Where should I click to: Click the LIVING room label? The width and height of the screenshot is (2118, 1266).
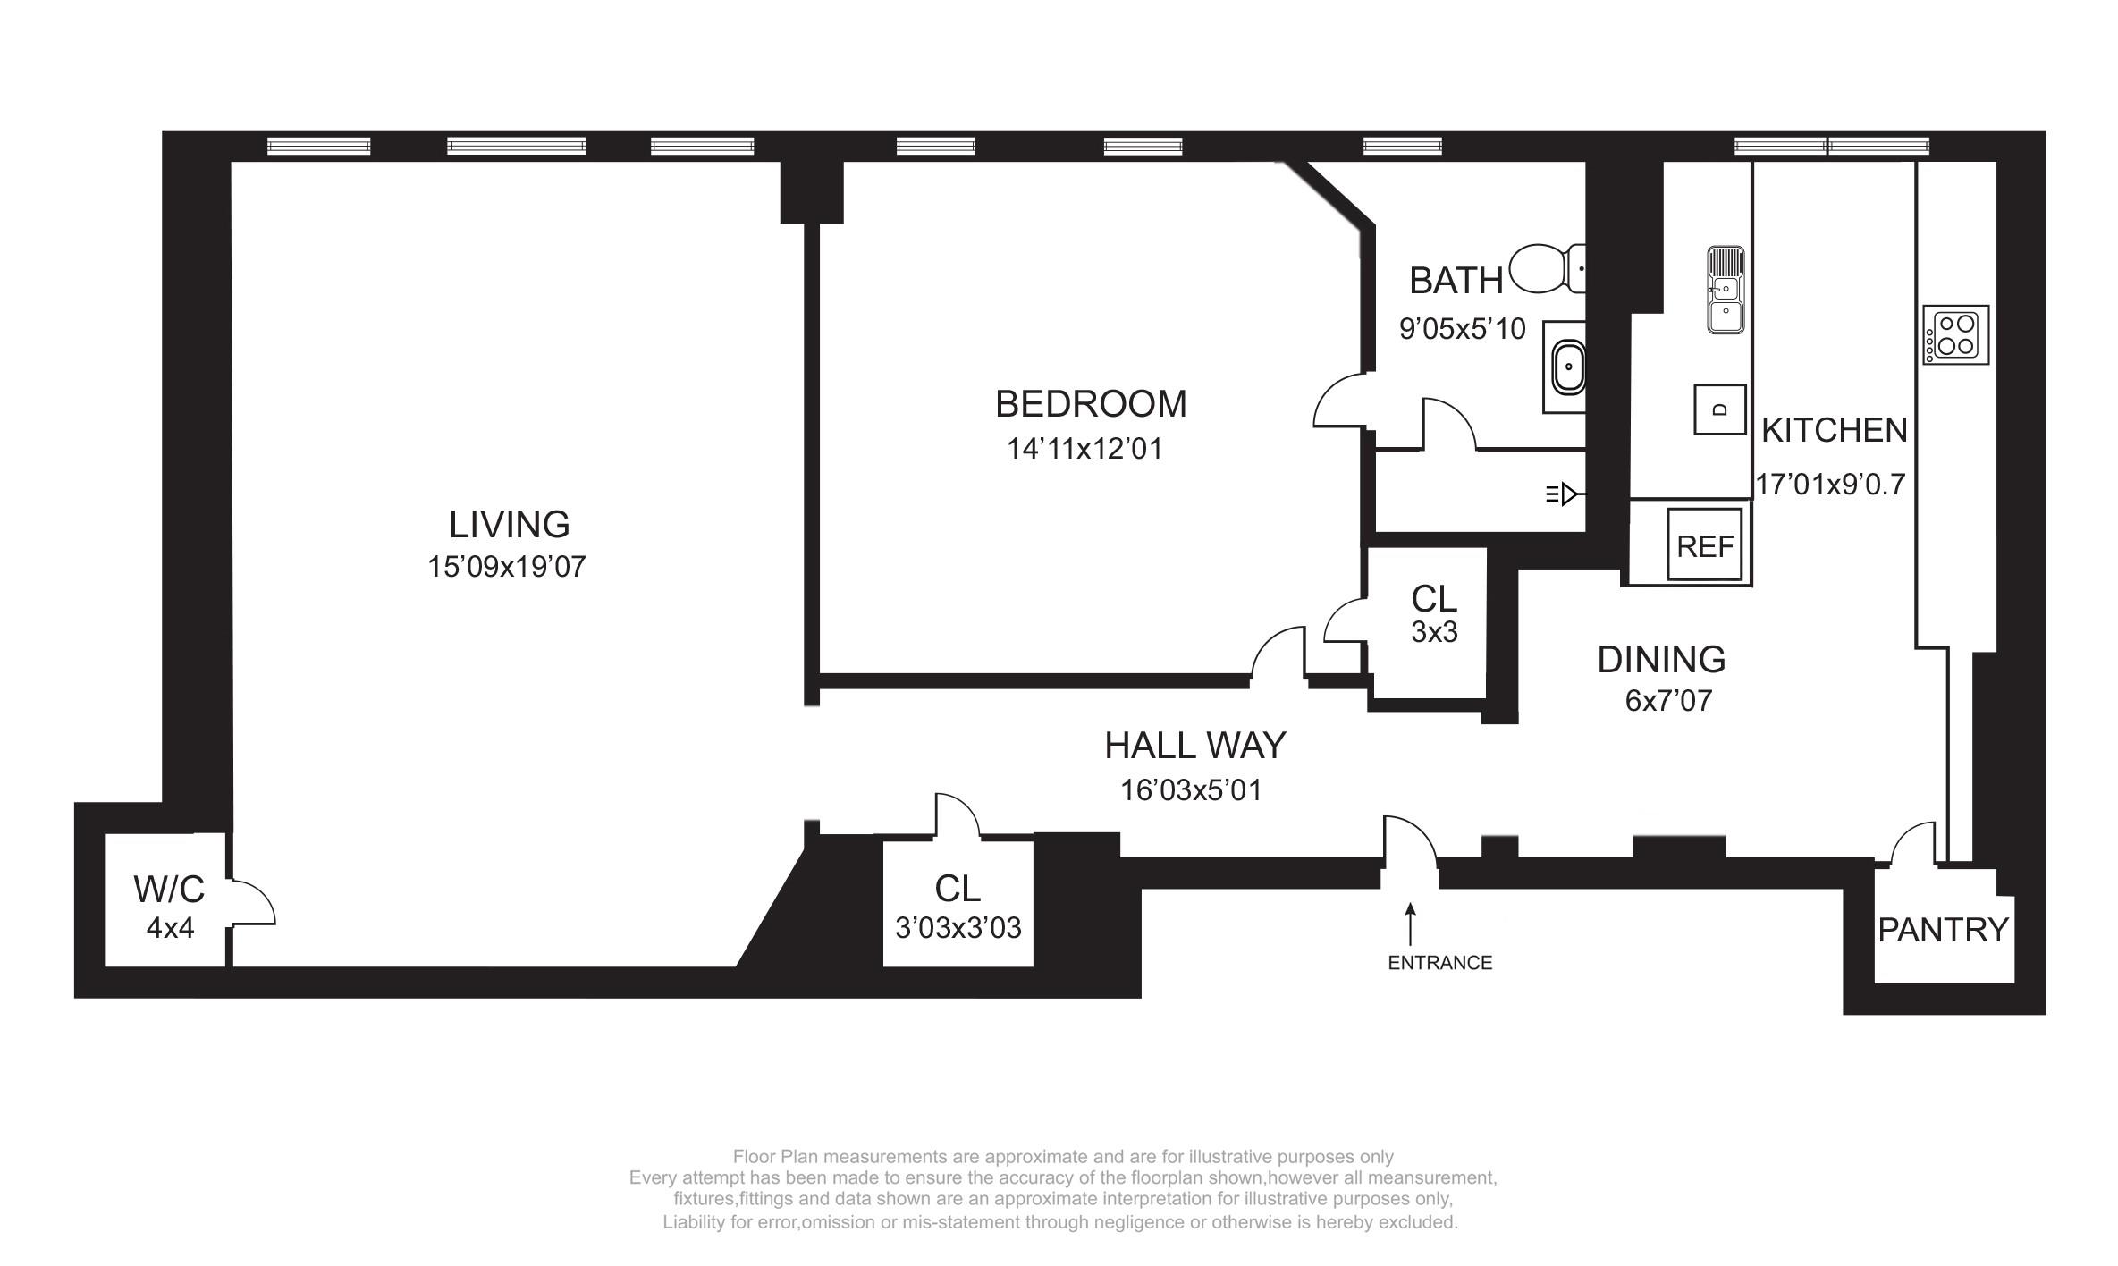pyautogui.click(x=509, y=525)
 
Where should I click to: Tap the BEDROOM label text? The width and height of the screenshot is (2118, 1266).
pyautogui.click(x=1091, y=404)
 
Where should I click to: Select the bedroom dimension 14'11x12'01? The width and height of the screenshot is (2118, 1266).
pyautogui.click(x=1084, y=448)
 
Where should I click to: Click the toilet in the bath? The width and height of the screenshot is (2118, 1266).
pyautogui.click(x=1547, y=269)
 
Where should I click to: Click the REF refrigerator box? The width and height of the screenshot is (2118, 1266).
pyautogui.click(x=1705, y=544)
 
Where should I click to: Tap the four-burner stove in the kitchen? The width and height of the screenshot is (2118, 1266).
pyautogui.click(x=1956, y=334)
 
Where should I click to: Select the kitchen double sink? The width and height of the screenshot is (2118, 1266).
pyautogui.click(x=1726, y=290)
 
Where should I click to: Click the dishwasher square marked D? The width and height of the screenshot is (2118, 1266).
pyautogui.click(x=1720, y=409)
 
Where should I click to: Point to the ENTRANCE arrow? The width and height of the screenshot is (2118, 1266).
pyautogui.click(x=1411, y=924)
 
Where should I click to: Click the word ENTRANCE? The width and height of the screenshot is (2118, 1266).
pyautogui.click(x=1440, y=963)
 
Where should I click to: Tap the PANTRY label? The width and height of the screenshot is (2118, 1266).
pyautogui.click(x=1943, y=931)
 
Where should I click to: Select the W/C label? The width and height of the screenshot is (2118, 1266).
pyautogui.click(x=169, y=890)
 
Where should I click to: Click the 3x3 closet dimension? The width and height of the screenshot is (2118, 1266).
pyautogui.click(x=1434, y=632)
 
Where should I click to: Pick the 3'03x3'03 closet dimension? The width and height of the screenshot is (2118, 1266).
pyautogui.click(x=958, y=928)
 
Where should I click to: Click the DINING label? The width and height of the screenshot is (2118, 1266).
pyautogui.click(x=1661, y=660)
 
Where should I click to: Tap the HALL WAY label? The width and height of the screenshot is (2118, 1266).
pyautogui.click(x=1194, y=746)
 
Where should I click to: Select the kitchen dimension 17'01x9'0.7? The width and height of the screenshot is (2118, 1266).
pyautogui.click(x=1830, y=485)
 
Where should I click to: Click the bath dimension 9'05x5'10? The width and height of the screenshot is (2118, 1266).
pyautogui.click(x=1462, y=329)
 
